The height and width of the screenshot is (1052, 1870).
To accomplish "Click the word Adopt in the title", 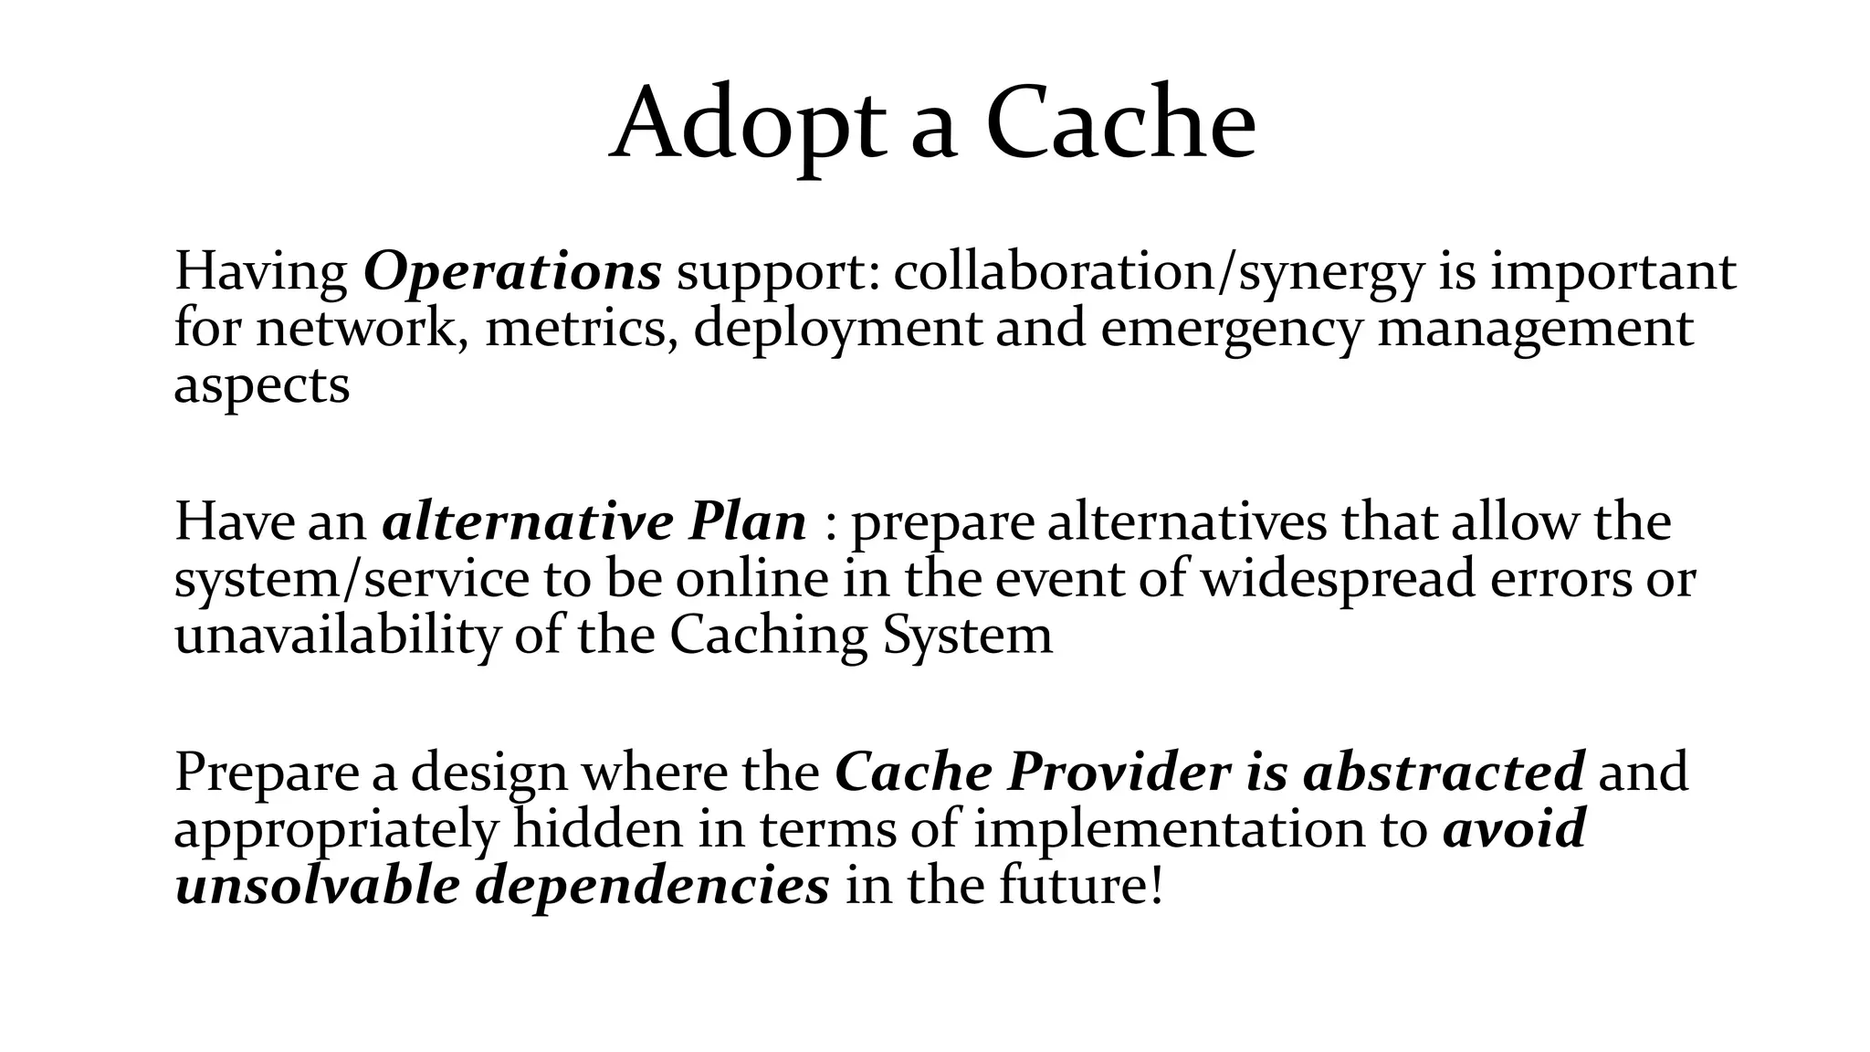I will click(748, 123).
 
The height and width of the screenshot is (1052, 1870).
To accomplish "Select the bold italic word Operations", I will click(512, 271).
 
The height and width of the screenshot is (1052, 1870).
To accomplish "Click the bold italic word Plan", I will click(748, 522).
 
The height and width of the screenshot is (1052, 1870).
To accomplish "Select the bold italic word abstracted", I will click(1444, 773).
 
